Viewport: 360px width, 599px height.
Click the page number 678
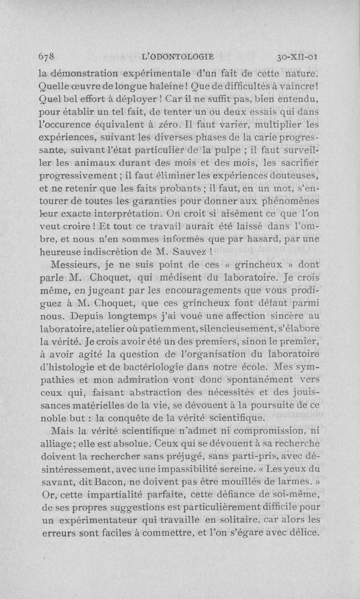[x=47, y=57]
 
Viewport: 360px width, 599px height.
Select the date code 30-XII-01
[x=298, y=57]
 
